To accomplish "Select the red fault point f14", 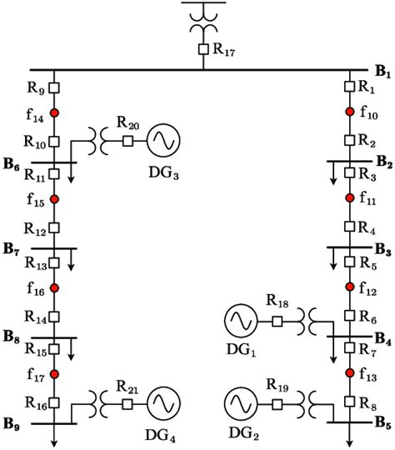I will coord(54,112).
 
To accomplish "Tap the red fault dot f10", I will coord(350,112).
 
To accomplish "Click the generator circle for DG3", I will coord(163,142).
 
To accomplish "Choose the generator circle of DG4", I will coord(163,403).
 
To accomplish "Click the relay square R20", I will coord(127,142).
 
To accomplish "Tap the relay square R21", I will coord(127,403).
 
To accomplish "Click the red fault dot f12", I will coord(350,287).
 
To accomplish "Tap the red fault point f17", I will coord(54,374).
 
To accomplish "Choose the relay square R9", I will coord(54,87).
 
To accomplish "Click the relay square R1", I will coord(350,87).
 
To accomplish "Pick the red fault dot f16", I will coord(54,287).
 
